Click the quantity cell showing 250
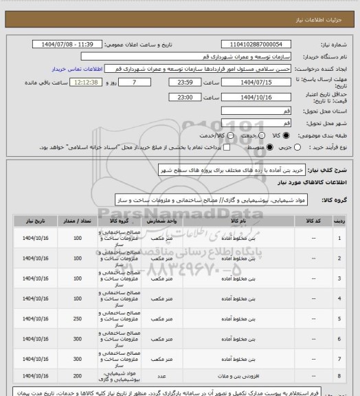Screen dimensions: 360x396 76,318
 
